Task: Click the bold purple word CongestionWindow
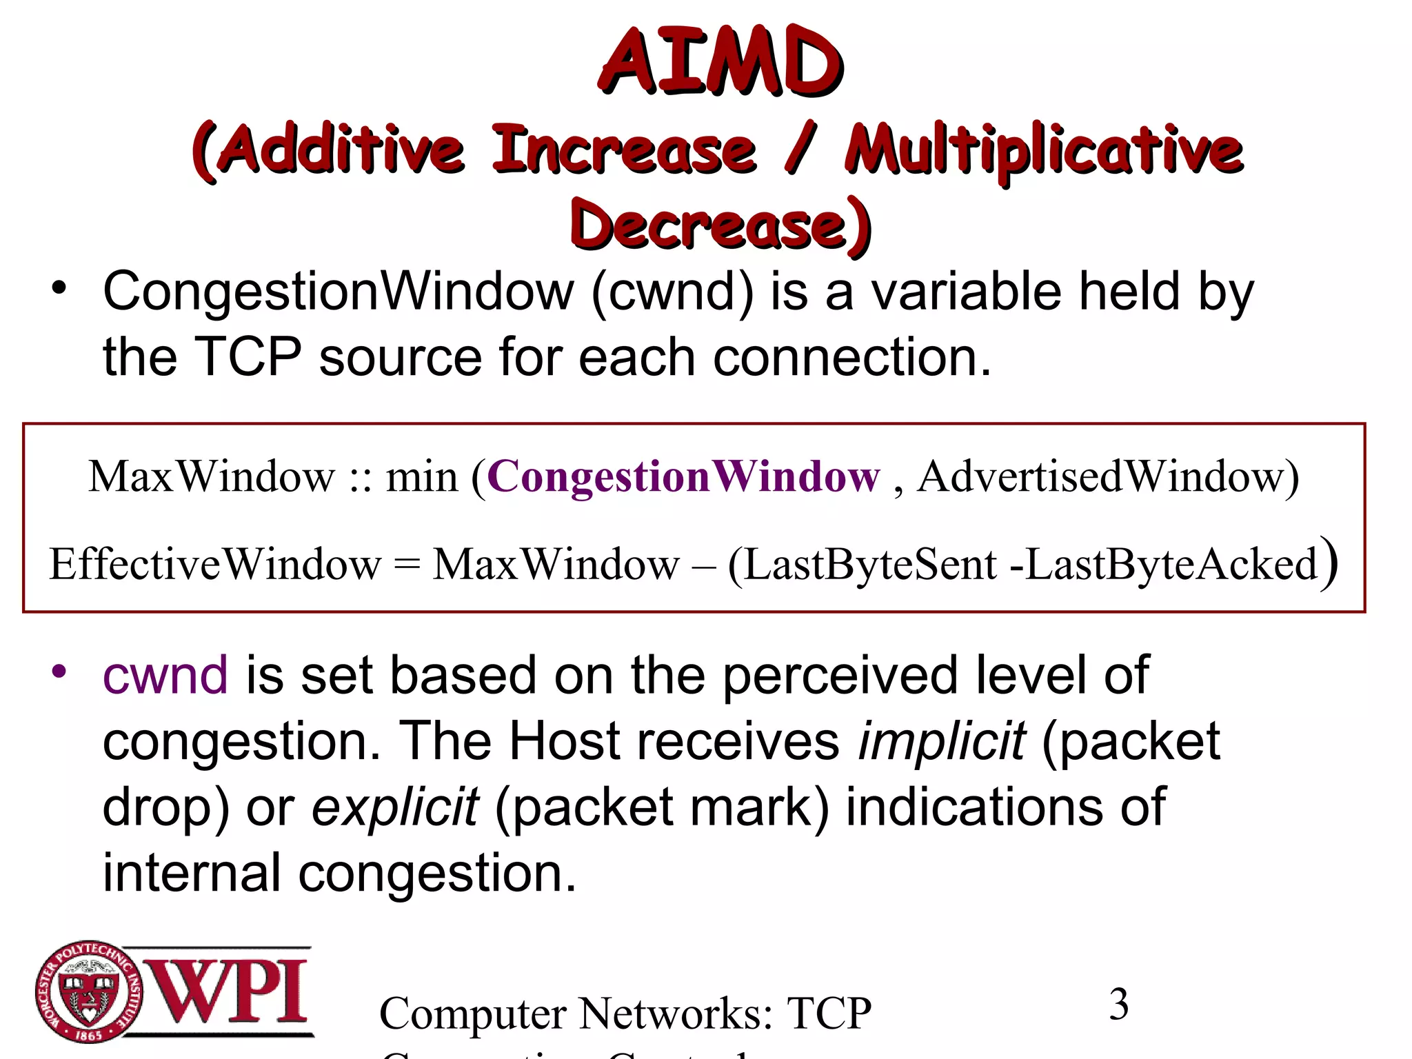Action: click(x=683, y=476)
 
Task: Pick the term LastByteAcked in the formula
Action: click(x=1171, y=565)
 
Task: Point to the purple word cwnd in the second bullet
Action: click(x=165, y=676)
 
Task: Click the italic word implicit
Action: click(x=942, y=742)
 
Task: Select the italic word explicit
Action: click(x=395, y=807)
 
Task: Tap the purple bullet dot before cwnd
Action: click(x=59, y=670)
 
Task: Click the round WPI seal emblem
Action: click(x=88, y=992)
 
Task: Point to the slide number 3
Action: click(x=1119, y=1005)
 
